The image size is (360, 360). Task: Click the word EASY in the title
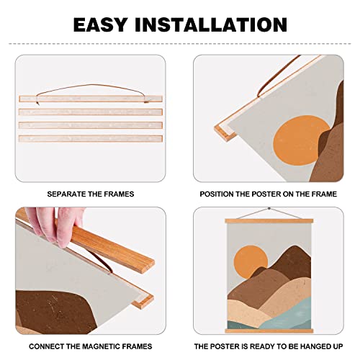(x=100, y=24)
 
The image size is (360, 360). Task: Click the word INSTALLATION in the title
(x=211, y=24)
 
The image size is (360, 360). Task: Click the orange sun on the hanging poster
(x=251, y=261)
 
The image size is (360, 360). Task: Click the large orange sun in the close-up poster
(x=300, y=140)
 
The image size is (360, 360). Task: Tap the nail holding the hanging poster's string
(x=269, y=209)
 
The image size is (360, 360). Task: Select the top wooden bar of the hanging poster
(x=269, y=221)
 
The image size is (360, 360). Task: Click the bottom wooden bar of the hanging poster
(x=269, y=331)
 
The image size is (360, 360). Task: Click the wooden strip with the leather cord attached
(x=91, y=99)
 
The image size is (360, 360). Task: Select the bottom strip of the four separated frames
(x=91, y=138)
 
